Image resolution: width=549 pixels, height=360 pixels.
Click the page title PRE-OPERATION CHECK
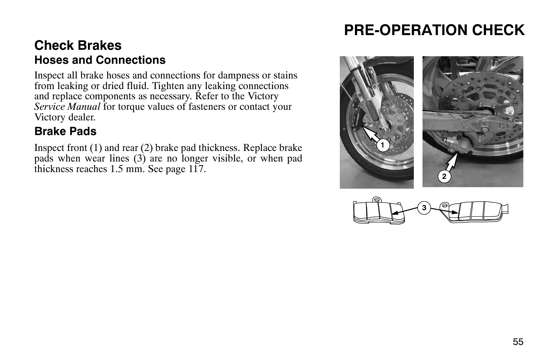click(434, 30)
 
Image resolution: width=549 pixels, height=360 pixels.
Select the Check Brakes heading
click(78, 45)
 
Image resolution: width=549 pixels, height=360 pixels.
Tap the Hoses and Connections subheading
click(100, 60)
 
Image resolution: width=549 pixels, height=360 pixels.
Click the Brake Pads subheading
click(65, 131)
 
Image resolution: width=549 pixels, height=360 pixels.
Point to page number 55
click(518, 342)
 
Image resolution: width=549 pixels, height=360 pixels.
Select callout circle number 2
click(444, 176)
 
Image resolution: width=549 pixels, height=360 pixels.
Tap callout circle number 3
click(424, 208)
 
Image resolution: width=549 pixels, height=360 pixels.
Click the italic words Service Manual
click(67, 107)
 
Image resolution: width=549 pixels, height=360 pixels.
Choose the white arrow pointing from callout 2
click(452, 162)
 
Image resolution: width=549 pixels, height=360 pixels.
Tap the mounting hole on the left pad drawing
click(376, 200)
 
